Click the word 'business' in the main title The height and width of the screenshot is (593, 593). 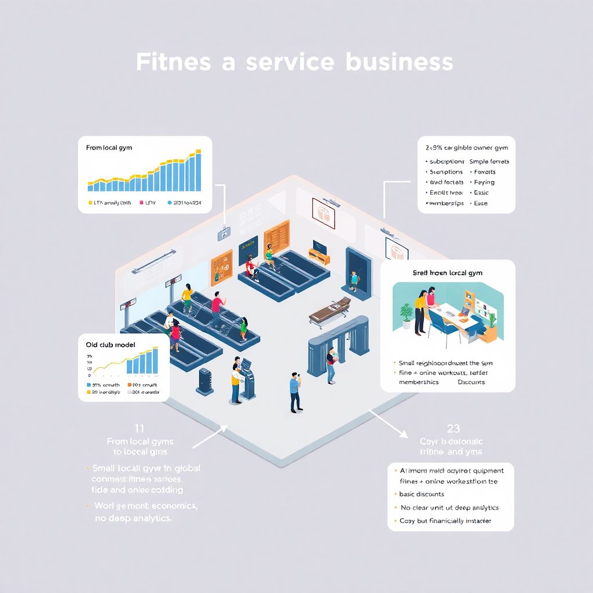[399, 62]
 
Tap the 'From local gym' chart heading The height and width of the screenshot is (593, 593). [109, 148]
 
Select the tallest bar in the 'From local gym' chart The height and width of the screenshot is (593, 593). [199, 170]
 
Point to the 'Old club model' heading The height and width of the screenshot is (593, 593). [111, 345]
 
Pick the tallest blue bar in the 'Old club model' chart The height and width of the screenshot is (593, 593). [155, 360]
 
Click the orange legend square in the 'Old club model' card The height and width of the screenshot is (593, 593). [129, 385]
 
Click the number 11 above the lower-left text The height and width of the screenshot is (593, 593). [139, 429]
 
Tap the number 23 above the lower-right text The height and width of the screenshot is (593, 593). [453, 429]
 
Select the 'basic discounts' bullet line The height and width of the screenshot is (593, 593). [422, 494]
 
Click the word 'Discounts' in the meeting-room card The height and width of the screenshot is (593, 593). [471, 382]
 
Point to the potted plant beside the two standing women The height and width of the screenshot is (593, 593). [407, 316]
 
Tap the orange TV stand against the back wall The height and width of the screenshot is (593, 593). [319, 255]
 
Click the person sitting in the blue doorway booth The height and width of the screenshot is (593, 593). [354, 279]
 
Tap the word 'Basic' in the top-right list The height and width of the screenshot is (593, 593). [481, 193]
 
